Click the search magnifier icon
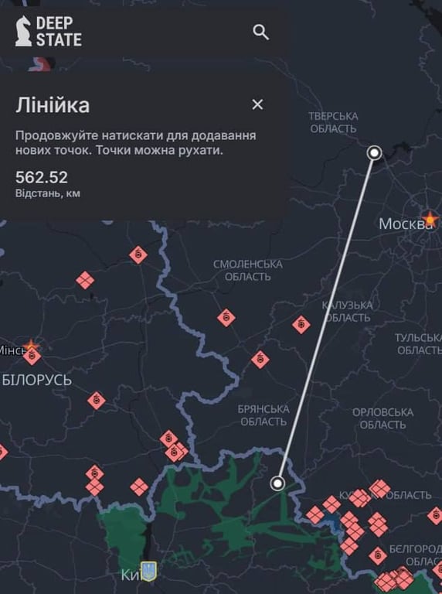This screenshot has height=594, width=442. pyautogui.click(x=261, y=32)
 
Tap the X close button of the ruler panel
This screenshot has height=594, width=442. pyautogui.click(x=257, y=104)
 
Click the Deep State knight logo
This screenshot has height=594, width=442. pyautogui.click(x=24, y=31)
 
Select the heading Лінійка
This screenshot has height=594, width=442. pyautogui.click(x=53, y=105)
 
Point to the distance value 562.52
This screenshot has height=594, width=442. pyautogui.click(x=42, y=177)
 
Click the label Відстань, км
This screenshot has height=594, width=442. pyautogui.click(x=48, y=193)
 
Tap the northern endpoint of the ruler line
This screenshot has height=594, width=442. pyautogui.click(x=375, y=153)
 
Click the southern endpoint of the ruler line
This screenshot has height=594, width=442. pyautogui.click(x=277, y=484)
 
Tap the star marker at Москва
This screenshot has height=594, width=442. pyautogui.click(x=430, y=219)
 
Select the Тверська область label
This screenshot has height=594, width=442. pyautogui.click(x=334, y=122)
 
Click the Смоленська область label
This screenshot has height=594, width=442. pyautogui.click(x=248, y=270)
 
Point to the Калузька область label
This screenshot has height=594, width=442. pyautogui.click(x=348, y=311)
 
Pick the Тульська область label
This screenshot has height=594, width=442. pyautogui.click(x=417, y=344)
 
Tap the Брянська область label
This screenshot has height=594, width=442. pyautogui.click(x=263, y=415)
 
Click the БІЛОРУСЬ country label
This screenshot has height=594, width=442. pyautogui.click(x=36, y=380)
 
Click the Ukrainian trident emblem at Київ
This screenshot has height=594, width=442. pyautogui.click(x=149, y=571)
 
